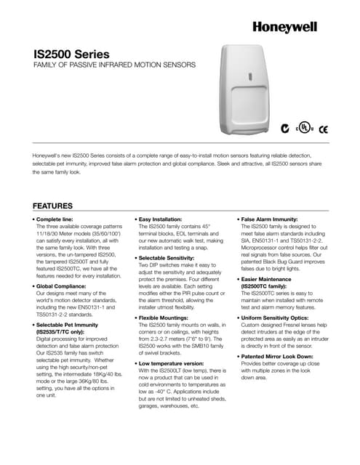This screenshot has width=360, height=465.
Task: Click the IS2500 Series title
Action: tap(72, 54)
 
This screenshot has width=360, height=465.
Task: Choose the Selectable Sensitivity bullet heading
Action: tap(172, 259)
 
